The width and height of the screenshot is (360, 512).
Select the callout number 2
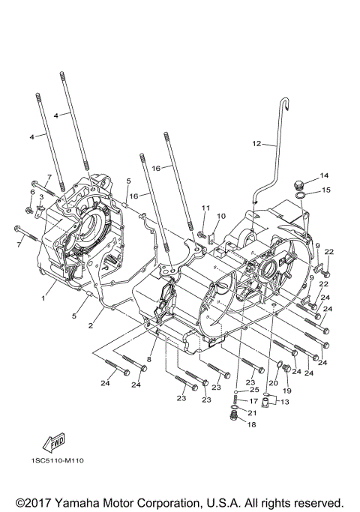(90, 325)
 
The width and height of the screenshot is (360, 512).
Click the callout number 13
(283, 402)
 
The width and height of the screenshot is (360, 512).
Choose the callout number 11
(202, 207)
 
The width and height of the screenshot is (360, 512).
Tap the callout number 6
(31, 192)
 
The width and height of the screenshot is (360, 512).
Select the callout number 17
(253, 401)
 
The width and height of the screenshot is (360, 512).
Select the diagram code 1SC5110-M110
(58, 460)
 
